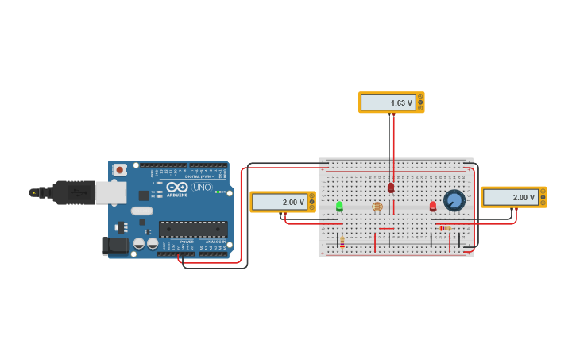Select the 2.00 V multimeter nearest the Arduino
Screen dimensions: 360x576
(x=282, y=202)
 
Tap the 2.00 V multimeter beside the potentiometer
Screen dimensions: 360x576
(x=513, y=197)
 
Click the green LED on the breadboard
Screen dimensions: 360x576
(x=339, y=206)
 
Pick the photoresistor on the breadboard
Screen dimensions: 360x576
(x=377, y=207)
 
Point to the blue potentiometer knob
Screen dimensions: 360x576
(x=454, y=200)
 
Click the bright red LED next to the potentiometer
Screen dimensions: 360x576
(x=433, y=207)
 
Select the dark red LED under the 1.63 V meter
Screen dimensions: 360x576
(x=391, y=188)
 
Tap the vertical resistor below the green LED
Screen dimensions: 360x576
(x=342, y=242)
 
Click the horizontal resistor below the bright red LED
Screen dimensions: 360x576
(x=445, y=228)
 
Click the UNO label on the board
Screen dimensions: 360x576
(x=202, y=188)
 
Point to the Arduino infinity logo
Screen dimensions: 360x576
(x=176, y=187)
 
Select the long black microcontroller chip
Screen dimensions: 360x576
(x=193, y=229)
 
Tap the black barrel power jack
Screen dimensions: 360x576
(x=115, y=246)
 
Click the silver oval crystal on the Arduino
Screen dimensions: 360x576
(x=141, y=211)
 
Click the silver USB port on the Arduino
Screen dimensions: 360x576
(x=110, y=192)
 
